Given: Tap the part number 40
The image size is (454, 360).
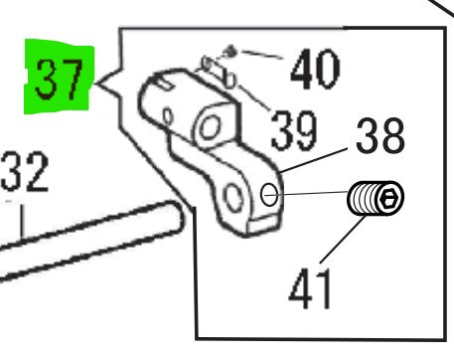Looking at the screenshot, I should pyautogui.click(x=315, y=70).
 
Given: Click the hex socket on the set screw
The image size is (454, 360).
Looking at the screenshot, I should pyautogui.click(x=390, y=200).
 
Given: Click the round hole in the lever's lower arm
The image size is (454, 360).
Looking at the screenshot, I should pyautogui.click(x=236, y=199).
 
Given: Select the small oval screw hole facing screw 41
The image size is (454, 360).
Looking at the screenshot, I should pyautogui.click(x=269, y=195).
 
